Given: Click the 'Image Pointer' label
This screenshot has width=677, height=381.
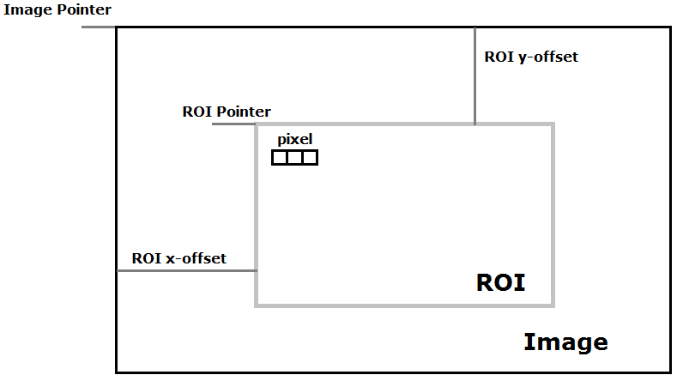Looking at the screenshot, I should click(x=57, y=9).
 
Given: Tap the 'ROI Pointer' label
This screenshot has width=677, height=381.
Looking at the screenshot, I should click(x=227, y=112).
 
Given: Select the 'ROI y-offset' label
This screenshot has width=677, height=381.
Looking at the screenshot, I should click(x=531, y=57).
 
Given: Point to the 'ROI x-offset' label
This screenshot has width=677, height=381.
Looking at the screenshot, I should click(x=178, y=258).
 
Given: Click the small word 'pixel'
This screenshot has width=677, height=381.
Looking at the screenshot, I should click(x=294, y=138).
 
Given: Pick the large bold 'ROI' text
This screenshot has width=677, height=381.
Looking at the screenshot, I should click(x=500, y=283).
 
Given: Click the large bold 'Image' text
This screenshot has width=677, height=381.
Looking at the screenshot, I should click(x=565, y=342).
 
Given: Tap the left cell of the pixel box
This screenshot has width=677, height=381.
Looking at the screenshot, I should click(x=280, y=158).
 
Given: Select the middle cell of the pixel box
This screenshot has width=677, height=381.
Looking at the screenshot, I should click(x=294, y=158).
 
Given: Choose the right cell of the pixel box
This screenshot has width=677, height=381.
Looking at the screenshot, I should click(x=310, y=158).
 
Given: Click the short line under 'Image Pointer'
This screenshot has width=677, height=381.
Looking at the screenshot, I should click(x=99, y=27).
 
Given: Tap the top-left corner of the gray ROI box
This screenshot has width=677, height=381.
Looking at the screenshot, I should click(x=257, y=125).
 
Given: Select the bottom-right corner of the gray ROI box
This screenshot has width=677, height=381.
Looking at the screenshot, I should click(x=553, y=305).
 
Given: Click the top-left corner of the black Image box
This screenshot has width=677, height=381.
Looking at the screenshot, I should click(x=117, y=27).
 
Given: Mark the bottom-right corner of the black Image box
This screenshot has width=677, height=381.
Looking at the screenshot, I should click(x=670, y=372).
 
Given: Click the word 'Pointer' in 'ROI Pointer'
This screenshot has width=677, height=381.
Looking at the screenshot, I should click(x=244, y=112).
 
